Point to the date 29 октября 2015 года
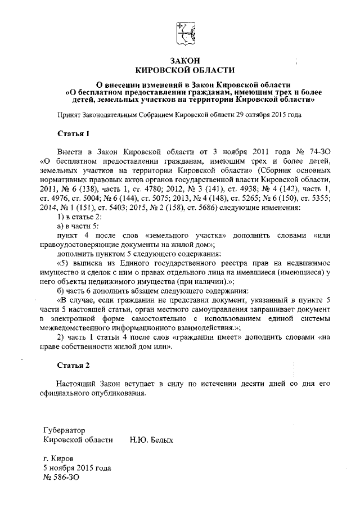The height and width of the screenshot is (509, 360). (268, 115)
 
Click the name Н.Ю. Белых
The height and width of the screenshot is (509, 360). (151, 439)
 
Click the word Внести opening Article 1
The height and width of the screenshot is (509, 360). (70, 152)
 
